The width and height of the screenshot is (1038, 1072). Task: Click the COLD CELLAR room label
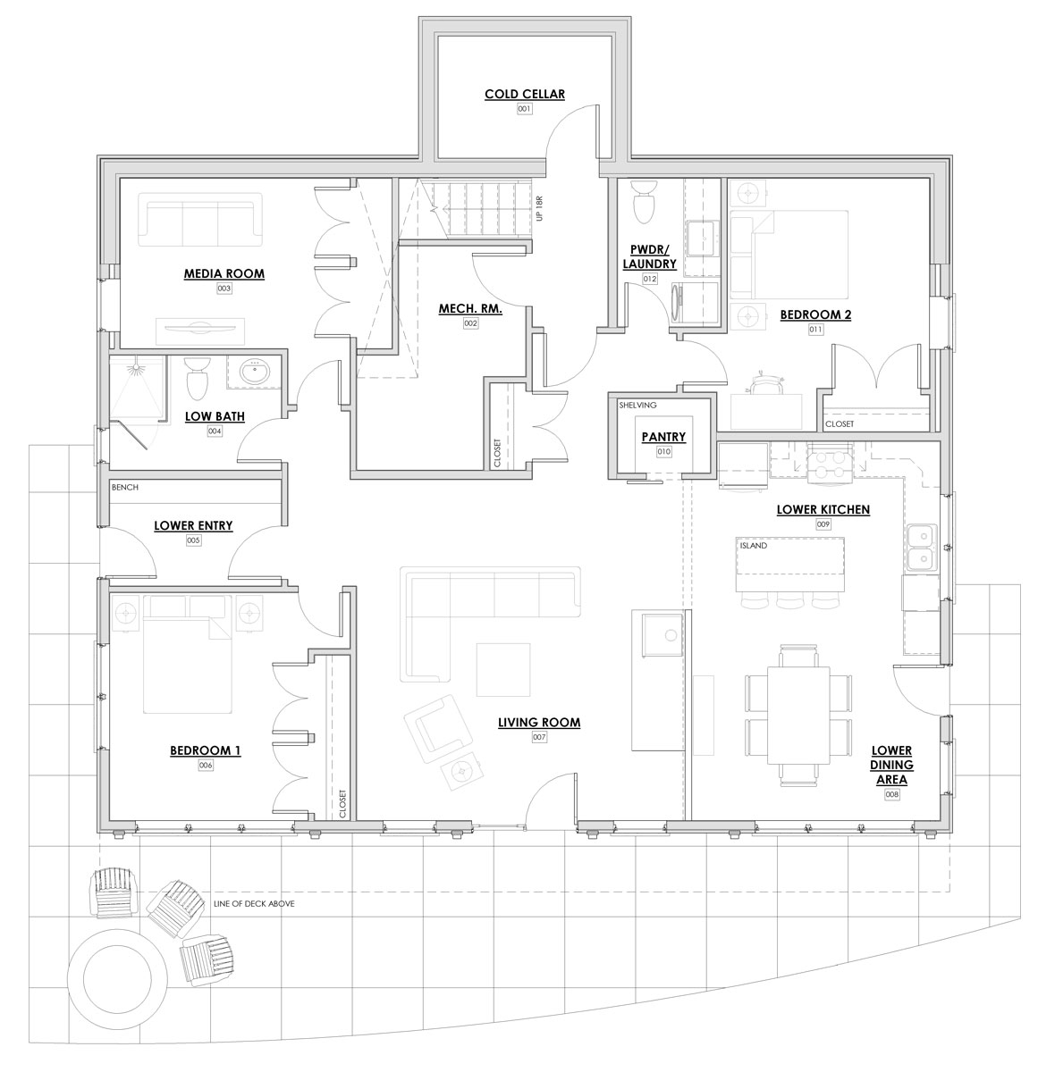coord(524,94)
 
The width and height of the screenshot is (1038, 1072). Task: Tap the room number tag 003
coord(224,289)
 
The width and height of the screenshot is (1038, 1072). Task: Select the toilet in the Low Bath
coord(196,378)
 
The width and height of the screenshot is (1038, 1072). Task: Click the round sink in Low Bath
coord(255,372)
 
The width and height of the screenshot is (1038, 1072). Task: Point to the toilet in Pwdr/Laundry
coord(643,201)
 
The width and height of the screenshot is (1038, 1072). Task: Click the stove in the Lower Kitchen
coord(831,463)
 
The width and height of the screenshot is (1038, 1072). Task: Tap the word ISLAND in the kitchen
coord(753,545)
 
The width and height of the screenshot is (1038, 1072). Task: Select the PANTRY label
coord(663,437)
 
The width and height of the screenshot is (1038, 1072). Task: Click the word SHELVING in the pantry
coord(637,405)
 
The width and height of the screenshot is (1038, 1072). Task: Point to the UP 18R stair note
coord(539,209)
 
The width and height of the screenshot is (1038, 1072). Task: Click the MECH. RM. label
coord(470,308)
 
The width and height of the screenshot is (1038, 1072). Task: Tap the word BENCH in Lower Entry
coord(125,487)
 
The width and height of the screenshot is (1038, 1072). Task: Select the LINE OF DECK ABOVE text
coord(254,903)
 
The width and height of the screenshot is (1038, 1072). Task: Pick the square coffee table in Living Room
coord(503,670)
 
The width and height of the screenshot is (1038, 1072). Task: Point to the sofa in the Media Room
coord(200,220)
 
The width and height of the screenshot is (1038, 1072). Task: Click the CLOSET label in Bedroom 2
coord(840,423)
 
